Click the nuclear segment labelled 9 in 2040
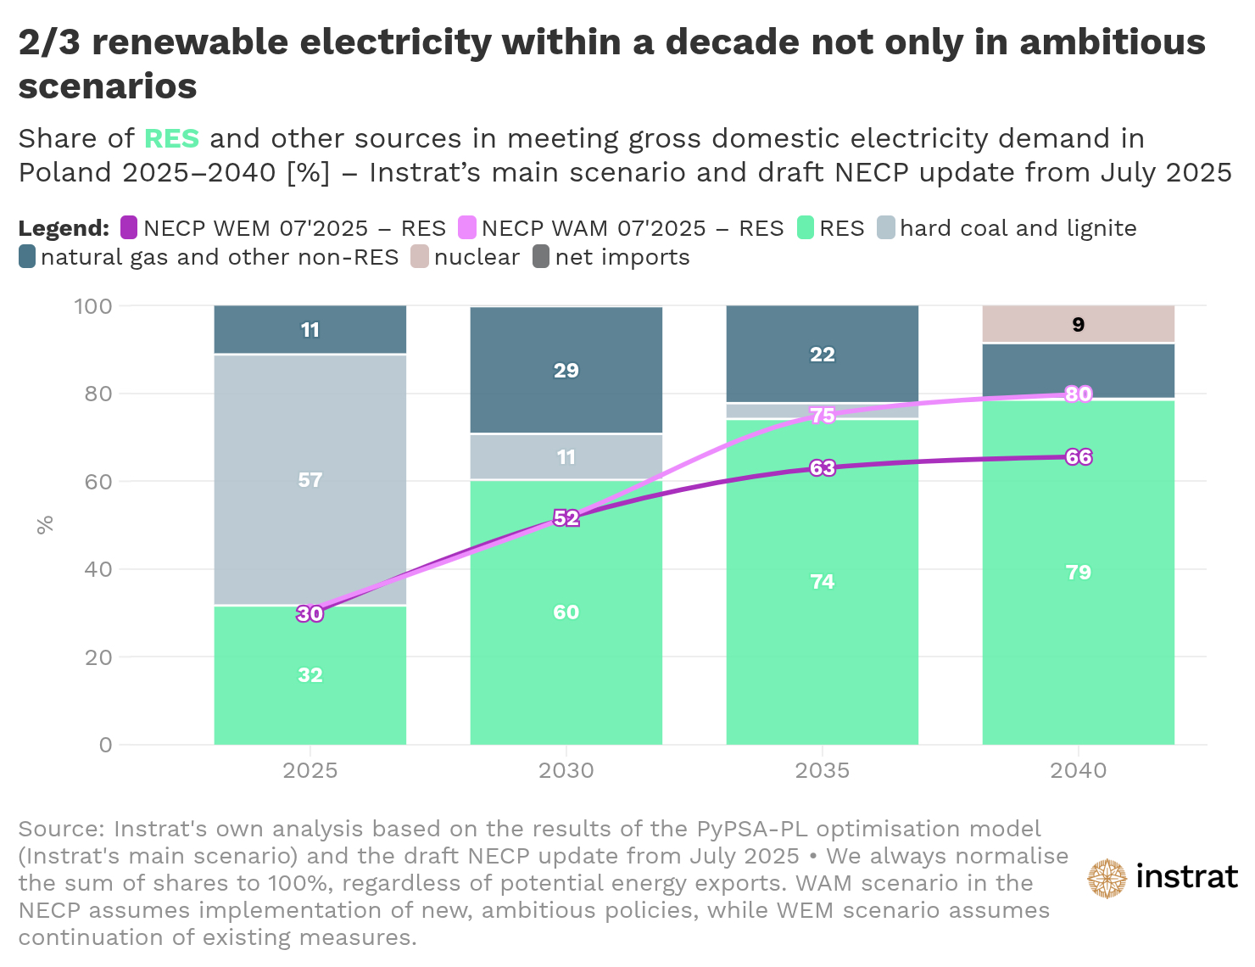[1078, 324]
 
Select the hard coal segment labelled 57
[310, 479]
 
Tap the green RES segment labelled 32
[310, 675]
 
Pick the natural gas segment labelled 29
[566, 370]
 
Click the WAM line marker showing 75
[822, 416]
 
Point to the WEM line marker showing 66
[1078, 457]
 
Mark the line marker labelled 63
[822, 468]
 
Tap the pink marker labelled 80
[1078, 394]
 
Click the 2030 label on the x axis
[566, 770]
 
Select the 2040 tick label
[1078, 770]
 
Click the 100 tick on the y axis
[93, 306]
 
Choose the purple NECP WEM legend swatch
[129, 228]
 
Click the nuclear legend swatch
[420, 257]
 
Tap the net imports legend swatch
[541, 257]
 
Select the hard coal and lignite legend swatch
[886, 228]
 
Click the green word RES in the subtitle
[171, 138]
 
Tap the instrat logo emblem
[1107, 878]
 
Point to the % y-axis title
[45, 524]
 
